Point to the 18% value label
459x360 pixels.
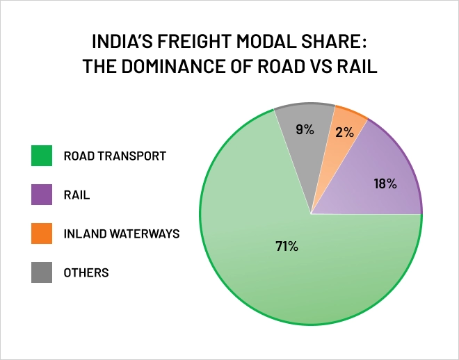(385, 184)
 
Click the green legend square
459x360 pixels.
(42, 156)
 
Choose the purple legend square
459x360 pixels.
(42, 195)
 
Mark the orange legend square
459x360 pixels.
(42, 234)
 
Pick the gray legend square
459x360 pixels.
(42, 272)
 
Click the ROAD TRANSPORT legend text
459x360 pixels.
(115, 156)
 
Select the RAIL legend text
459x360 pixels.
(76, 195)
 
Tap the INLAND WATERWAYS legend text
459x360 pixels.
(122, 234)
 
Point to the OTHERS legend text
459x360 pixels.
(86, 272)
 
